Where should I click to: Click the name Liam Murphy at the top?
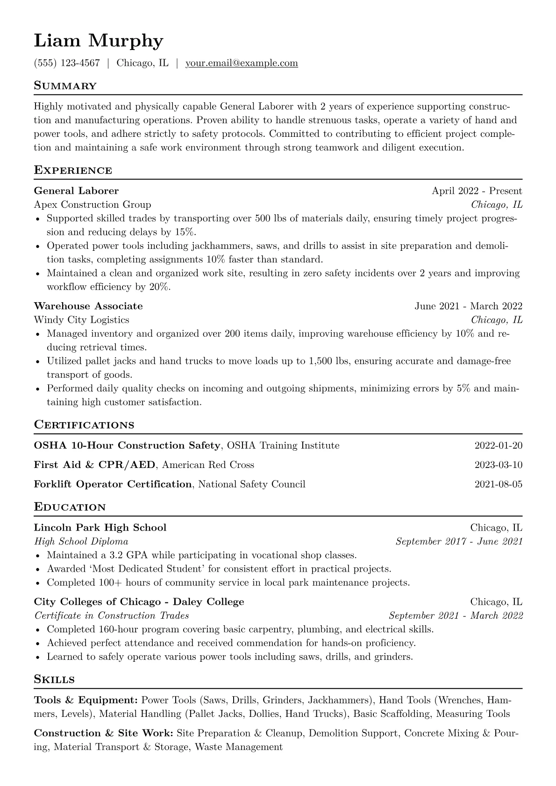[99, 41]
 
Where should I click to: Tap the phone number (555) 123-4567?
[67, 63]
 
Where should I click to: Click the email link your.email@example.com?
[242, 63]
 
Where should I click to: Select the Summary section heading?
[65, 86]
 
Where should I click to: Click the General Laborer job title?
[76, 191]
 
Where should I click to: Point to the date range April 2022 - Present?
[477, 191]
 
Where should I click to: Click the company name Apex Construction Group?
[93, 205]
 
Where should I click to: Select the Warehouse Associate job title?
[88, 306]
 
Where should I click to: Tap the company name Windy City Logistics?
[82, 320]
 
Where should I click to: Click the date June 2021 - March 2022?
[468, 306]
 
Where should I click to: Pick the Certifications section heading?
[84, 425]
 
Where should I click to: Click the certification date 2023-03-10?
[498, 465]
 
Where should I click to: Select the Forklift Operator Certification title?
[113, 484]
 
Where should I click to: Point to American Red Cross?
[208, 465]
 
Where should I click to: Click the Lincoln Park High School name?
[100, 528]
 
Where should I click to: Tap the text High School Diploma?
[81, 542]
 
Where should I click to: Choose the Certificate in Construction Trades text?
[112, 616]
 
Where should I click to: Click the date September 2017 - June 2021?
[459, 542]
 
